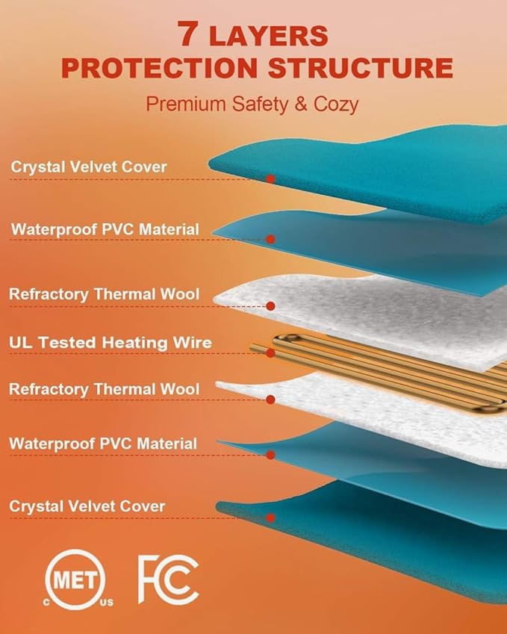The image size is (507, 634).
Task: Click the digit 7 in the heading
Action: coord(187,34)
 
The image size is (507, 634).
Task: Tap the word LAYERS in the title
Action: coord(269,36)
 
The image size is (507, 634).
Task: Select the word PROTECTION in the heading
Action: coord(160,67)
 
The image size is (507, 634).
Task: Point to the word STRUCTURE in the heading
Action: coord(360,67)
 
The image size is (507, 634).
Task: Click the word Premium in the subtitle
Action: coord(186,104)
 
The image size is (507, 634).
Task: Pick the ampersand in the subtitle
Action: coord(300,104)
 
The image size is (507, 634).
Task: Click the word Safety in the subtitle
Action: coord(261,105)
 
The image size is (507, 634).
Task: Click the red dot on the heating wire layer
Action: coord(270,353)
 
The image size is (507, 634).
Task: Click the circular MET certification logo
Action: coord(75,579)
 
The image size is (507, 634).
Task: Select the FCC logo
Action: coord(168,579)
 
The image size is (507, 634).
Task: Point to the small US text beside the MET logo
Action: coord(107,603)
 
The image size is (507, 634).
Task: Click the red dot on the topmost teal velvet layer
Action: coord(270,178)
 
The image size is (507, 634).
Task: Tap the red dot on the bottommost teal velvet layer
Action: coord(270,518)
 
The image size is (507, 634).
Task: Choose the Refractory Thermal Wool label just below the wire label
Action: coord(105,389)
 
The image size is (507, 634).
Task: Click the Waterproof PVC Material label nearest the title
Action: coord(105,229)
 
